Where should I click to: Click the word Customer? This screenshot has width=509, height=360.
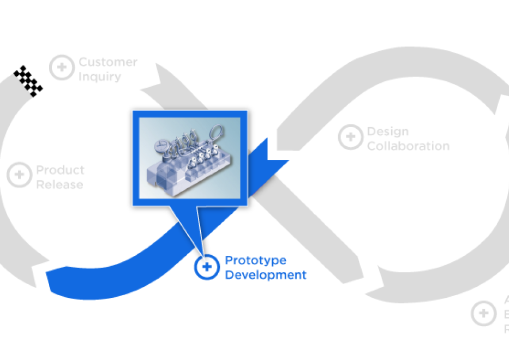point(108,62)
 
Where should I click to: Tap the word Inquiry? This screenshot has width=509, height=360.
point(100,76)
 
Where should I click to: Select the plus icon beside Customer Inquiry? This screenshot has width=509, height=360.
point(62,68)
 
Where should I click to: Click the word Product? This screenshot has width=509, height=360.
point(61,170)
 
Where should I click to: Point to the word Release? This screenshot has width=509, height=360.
point(60,184)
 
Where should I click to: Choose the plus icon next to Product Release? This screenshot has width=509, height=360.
point(20,175)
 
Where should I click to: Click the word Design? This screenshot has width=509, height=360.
point(388,131)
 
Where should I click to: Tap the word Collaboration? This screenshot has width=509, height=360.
point(408,146)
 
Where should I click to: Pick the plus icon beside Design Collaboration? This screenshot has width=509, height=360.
point(350,137)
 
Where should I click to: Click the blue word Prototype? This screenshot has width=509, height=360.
point(256,260)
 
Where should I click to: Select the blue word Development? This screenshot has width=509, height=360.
point(266,275)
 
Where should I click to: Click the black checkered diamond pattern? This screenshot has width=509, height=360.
point(28,81)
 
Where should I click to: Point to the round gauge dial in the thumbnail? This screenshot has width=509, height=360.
point(161,145)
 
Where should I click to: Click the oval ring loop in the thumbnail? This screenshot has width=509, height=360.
point(216,133)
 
